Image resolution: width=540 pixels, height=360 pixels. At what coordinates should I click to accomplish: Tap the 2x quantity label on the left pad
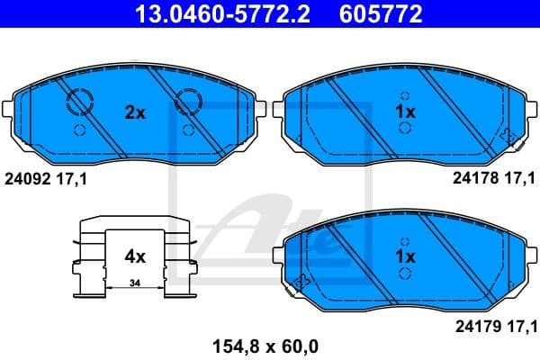134,112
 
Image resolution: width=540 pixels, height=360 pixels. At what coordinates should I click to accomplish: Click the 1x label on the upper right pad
405,112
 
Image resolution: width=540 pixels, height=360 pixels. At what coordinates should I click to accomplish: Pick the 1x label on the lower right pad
405,256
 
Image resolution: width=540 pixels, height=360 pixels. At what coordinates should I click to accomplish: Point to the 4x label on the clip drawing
134,256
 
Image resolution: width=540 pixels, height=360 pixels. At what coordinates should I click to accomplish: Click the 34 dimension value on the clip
134,284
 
